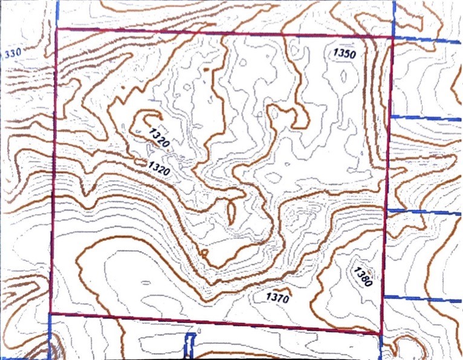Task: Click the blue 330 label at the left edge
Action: pos(12,53)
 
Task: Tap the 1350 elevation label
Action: pos(345,53)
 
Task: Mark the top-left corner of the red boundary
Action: pos(56,29)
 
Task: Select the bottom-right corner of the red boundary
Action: pos(381,333)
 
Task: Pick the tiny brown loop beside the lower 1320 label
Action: pos(141,162)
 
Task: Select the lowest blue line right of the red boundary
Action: pos(423,299)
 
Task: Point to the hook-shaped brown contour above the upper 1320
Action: pos(145,118)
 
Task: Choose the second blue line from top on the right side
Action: pos(426,117)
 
